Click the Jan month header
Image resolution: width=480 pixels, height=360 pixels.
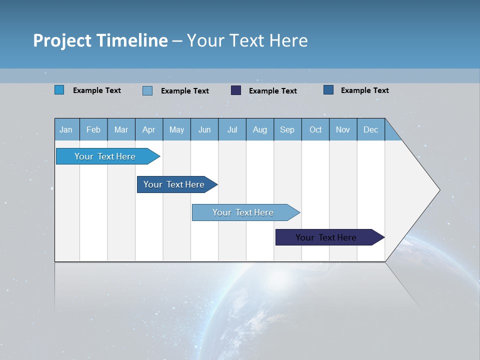tap(66, 129)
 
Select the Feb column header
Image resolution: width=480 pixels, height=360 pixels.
tap(93, 129)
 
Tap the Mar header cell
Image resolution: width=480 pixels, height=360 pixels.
tap(121, 129)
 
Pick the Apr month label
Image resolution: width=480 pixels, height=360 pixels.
tap(148, 129)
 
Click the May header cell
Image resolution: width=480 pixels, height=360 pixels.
tap(176, 129)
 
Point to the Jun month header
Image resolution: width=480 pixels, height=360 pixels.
tap(204, 129)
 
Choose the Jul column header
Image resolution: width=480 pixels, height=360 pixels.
tap(232, 129)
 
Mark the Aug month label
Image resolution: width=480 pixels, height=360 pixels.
tap(259, 129)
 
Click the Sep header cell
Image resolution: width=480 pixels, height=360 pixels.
tap(287, 129)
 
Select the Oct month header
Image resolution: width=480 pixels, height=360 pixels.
tap(315, 129)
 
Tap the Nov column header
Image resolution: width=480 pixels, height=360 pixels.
tap(343, 129)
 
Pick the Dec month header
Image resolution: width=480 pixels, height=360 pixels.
tap(370, 129)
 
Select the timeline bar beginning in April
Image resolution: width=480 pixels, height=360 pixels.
tap(174, 184)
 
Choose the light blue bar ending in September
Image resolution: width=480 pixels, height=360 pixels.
tap(243, 212)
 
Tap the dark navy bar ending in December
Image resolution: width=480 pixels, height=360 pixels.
tap(326, 237)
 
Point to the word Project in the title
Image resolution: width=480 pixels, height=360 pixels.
tap(62, 40)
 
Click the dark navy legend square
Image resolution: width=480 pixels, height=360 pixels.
tap(236, 90)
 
